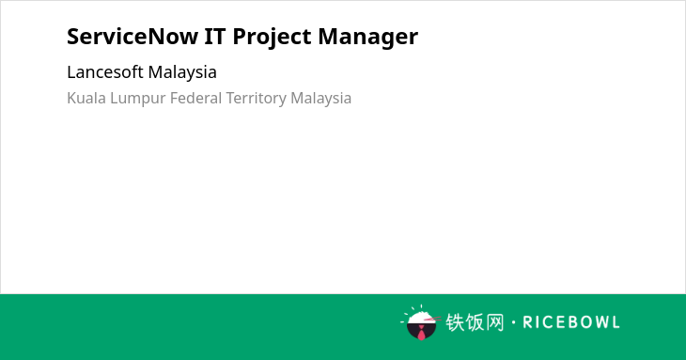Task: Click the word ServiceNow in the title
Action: (x=133, y=37)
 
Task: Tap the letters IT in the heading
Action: (x=215, y=37)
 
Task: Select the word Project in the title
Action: (x=272, y=38)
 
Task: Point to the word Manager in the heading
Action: (x=368, y=38)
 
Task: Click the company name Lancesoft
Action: (x=105, y=72)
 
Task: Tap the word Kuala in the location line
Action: (x=86, y=98)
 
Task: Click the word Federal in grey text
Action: (x=195, y=98)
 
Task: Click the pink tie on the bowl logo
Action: (x=421, y=333)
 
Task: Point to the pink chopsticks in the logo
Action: (x=432, y=320)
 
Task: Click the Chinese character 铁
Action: (x=455, y=322)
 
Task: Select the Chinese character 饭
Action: (x=475, y=322)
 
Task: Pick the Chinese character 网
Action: (x=494, y=322)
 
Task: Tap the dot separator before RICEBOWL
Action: (x=514, y=322)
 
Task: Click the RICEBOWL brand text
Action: (x=571, y=322)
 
